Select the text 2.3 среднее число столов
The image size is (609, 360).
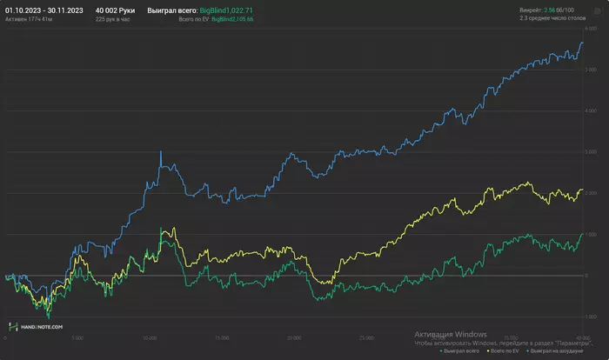coord(559,18)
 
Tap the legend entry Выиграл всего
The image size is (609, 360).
coord(462,351)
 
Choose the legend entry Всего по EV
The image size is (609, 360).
coord(507,351)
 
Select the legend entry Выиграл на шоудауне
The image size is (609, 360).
coord(559,351)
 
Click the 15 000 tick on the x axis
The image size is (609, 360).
coord(221,337)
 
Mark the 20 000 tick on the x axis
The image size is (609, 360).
coord(293,337)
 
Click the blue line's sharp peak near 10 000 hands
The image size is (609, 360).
coord(160,152)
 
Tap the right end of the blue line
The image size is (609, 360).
coord(581,43)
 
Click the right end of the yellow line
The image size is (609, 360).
coord(581,190)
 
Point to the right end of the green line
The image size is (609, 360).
coord(581,234)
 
